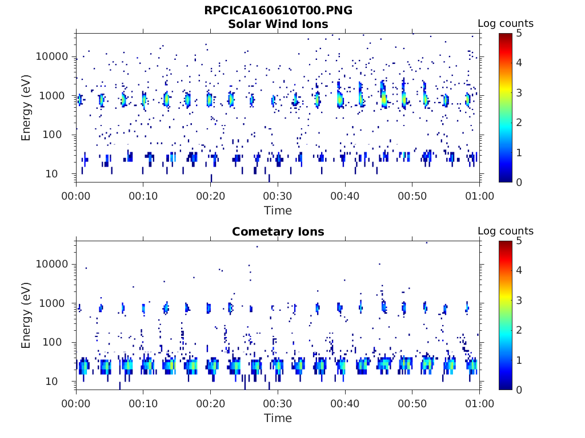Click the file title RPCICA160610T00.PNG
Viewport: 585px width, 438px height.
pyautogui.click(x=278, y=10)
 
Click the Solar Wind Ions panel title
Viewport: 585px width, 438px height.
pyautogui.click(x=278, y=24)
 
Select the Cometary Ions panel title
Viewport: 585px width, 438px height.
pyautogui.click(x=278, y=232)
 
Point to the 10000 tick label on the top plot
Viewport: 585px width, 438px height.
pyautogui.click(x=52, y=56)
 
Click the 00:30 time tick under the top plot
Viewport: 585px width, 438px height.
pyautogui.click(x=278, y=196)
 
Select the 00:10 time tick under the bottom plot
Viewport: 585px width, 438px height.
pyautogui.click(x=143, y=403)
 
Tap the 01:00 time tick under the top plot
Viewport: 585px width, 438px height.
pyautogui.click(x=479, y=196)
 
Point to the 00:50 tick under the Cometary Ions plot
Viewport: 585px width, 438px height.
pyautogui.click(x=412, y=403)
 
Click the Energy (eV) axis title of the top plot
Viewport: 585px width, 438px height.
pyautogui.click(x=26, y=108)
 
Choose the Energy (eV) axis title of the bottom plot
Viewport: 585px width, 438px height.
pyautogui.click(x=26, y=315)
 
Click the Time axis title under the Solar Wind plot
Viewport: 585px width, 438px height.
pyautogui.click(x=278, y=210)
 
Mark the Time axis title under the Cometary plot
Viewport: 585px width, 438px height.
pyautogui.click(x=278, y=418)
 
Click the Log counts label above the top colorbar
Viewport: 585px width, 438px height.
pyautogui.click(x=505, y=23)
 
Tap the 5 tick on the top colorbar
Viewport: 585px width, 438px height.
pyautogui.click(x=519, y=33)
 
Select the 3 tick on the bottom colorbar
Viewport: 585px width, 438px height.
pyautogui.click(x=519, y=300)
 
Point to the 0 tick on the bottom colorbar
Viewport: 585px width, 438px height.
pyautogui.click(x=519, y=390)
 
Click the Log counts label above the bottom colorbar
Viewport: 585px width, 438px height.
pyautogui.click(x=505, y=231)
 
